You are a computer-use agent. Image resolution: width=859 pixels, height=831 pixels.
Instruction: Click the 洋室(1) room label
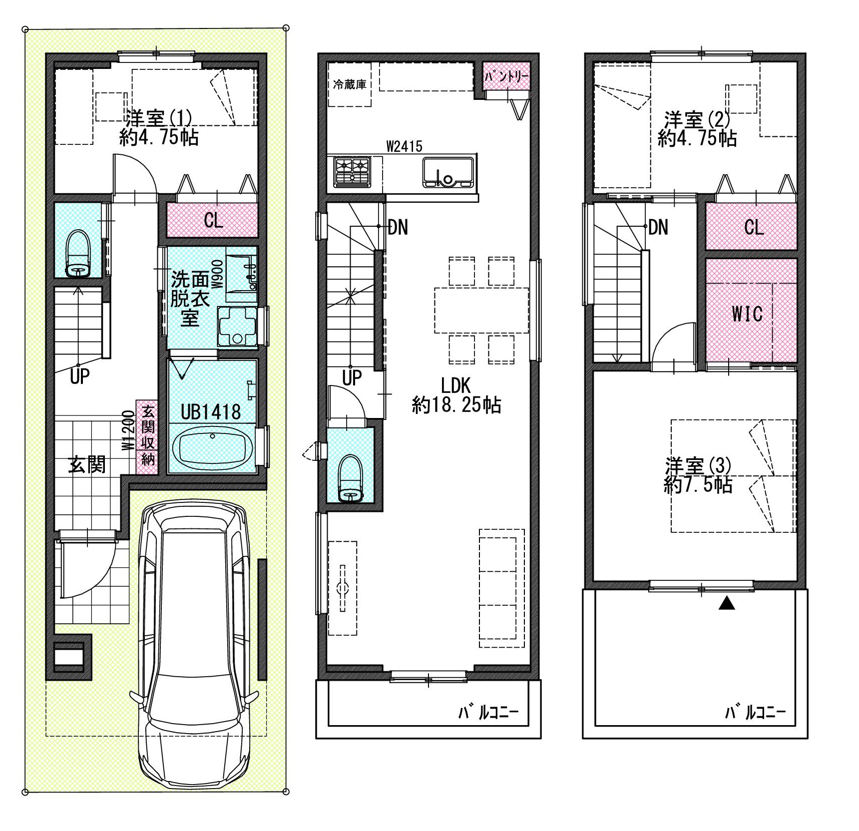click(159, 118)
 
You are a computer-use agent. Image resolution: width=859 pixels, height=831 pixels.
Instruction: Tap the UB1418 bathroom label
click(211, 412)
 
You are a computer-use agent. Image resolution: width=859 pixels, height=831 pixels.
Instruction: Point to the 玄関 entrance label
click(87, 465)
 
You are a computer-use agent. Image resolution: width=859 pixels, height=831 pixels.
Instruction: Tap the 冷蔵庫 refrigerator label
click(350, 84)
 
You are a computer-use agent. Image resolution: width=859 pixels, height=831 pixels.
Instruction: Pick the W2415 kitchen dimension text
click(404, 146)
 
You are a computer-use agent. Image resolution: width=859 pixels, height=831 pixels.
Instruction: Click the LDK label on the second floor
click(455, 385)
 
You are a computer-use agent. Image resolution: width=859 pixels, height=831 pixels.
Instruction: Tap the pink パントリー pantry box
click(506, 76)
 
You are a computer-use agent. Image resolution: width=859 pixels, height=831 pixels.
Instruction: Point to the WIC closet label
click(747, 314)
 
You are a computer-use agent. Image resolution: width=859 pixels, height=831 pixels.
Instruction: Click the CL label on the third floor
click(754, 228)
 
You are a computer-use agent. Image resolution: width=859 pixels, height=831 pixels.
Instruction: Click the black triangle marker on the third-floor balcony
click(727, 604)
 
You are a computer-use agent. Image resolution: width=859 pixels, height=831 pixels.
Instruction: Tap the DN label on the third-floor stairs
click(658, 228)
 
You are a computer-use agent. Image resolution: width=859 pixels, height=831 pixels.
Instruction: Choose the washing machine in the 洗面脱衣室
click(237, 326)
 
